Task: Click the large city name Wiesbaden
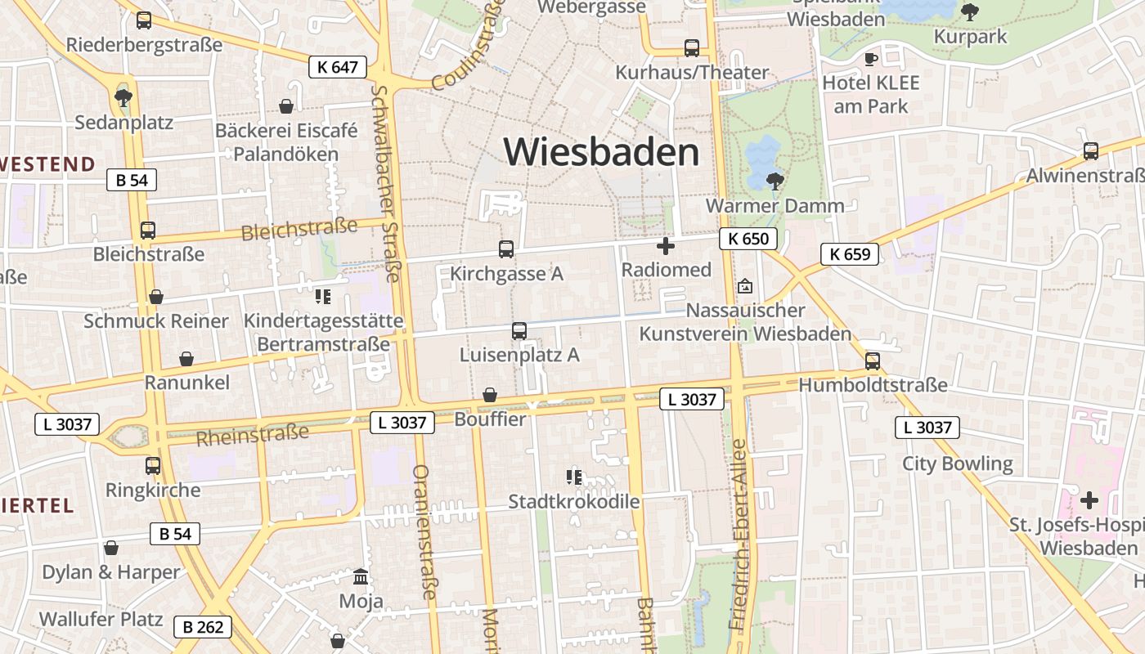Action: click(x=601, y=152)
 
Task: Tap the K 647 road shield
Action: click(x=337, y=67)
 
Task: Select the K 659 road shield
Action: click(x=850, y=254)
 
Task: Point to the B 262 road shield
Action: click(x=203, y=627)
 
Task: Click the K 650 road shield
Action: click(x=748, y=239)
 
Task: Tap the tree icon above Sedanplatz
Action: click(x=123, y=98)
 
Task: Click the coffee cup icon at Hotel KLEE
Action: click(x=871, y=59)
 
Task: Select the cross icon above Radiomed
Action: click(x=666, y=245)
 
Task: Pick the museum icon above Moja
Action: click(x=360, y=577)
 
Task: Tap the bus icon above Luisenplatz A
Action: click(x=519, y=331)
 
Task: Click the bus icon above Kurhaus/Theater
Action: click(x=692, y=48)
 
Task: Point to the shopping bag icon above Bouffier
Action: click(x=490, y=396)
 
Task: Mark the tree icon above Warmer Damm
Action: click(x=775, y=181)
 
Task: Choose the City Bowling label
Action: click(x=957, y=464)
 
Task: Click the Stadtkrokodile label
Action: click(x=573, y=501)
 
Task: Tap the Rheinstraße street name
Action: click(x=253, y=435)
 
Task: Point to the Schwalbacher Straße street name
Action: click(x=385, y=183)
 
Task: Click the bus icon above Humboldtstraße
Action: click(x=873, y=361)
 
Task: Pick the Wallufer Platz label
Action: click(x=101, y=619)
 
